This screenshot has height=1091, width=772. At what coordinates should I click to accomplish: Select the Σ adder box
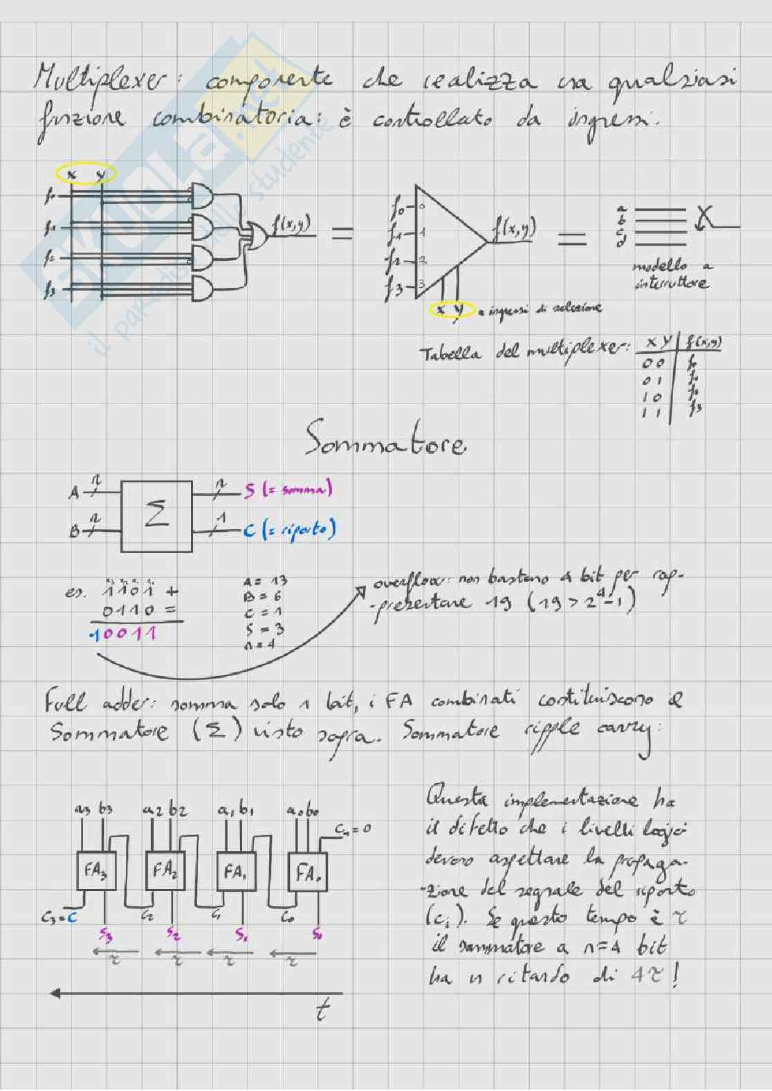(157, 516)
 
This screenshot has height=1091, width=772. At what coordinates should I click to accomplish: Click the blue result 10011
(125, 633)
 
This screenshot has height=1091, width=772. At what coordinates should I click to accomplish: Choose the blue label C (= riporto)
(289, 530)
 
